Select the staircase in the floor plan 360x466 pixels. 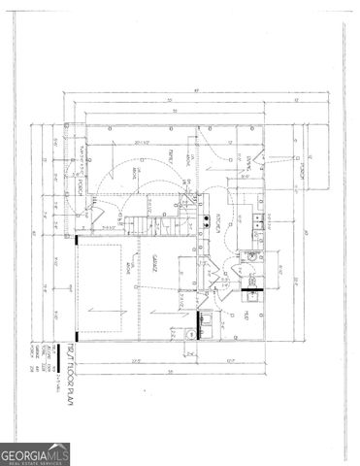click(x=142, y=225)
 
